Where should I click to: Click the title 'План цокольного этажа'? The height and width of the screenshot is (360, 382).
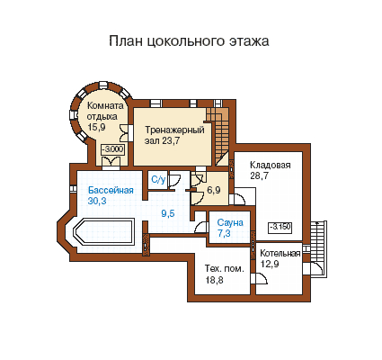click(189, 41)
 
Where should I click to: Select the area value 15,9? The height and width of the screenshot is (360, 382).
click(96, 127)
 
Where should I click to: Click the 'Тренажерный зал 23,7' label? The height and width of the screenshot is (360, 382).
click(174, 135)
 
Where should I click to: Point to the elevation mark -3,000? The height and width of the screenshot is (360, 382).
click(113, 149)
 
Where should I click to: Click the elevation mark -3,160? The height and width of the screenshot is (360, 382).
click(280, 227)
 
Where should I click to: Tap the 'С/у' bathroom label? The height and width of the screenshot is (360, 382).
click(158, 179)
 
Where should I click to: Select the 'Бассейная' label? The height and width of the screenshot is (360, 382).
click(111, 190)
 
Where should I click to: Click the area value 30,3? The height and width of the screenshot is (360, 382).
click(97, 201)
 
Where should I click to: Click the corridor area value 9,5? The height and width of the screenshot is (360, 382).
click(168, 213)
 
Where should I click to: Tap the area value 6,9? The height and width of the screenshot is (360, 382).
click(214, 190)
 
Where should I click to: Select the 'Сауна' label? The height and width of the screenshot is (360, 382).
click(230, 222)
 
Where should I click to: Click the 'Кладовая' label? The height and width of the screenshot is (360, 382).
click(271, 165)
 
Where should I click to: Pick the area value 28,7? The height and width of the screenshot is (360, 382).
click(259, 175)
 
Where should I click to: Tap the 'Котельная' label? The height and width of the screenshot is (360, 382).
click(280, 254)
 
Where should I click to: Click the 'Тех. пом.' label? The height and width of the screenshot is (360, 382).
click(225, 268)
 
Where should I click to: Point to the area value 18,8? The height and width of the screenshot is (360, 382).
click(214, 280)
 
